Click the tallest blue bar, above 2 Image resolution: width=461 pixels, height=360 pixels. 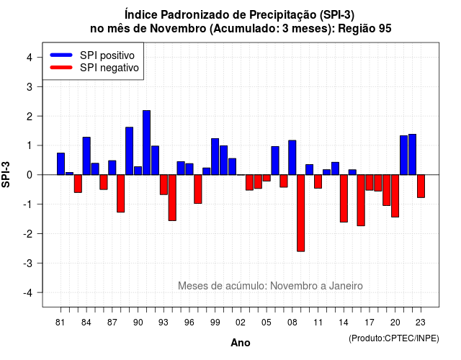(146, 143)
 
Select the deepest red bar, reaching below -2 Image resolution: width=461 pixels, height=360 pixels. (301, 213)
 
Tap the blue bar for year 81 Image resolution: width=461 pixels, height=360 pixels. (61, 164)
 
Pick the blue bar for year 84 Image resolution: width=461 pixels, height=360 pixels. (86, 156)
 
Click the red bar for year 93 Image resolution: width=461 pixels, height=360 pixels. (164, 184)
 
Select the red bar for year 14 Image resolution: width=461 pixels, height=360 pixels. (344, 199)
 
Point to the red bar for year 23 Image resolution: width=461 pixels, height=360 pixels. (421, 186)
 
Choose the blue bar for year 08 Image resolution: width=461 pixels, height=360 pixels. (292, 158)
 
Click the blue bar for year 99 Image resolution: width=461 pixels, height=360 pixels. (215, 157)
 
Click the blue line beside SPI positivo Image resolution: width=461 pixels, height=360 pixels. (61, 55)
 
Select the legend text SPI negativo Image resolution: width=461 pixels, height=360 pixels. (109, 68)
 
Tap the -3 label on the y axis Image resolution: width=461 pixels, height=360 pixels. (28, 263)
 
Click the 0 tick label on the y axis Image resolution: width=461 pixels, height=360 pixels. (30, 175)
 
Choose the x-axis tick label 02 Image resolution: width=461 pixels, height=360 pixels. (241, 323)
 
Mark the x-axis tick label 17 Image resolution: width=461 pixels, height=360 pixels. (370, 323)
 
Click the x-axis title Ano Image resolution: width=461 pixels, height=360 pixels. (241, 343)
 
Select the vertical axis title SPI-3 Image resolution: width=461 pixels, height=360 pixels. (6, 174)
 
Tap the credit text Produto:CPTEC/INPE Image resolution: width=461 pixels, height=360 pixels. (394, 338)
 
